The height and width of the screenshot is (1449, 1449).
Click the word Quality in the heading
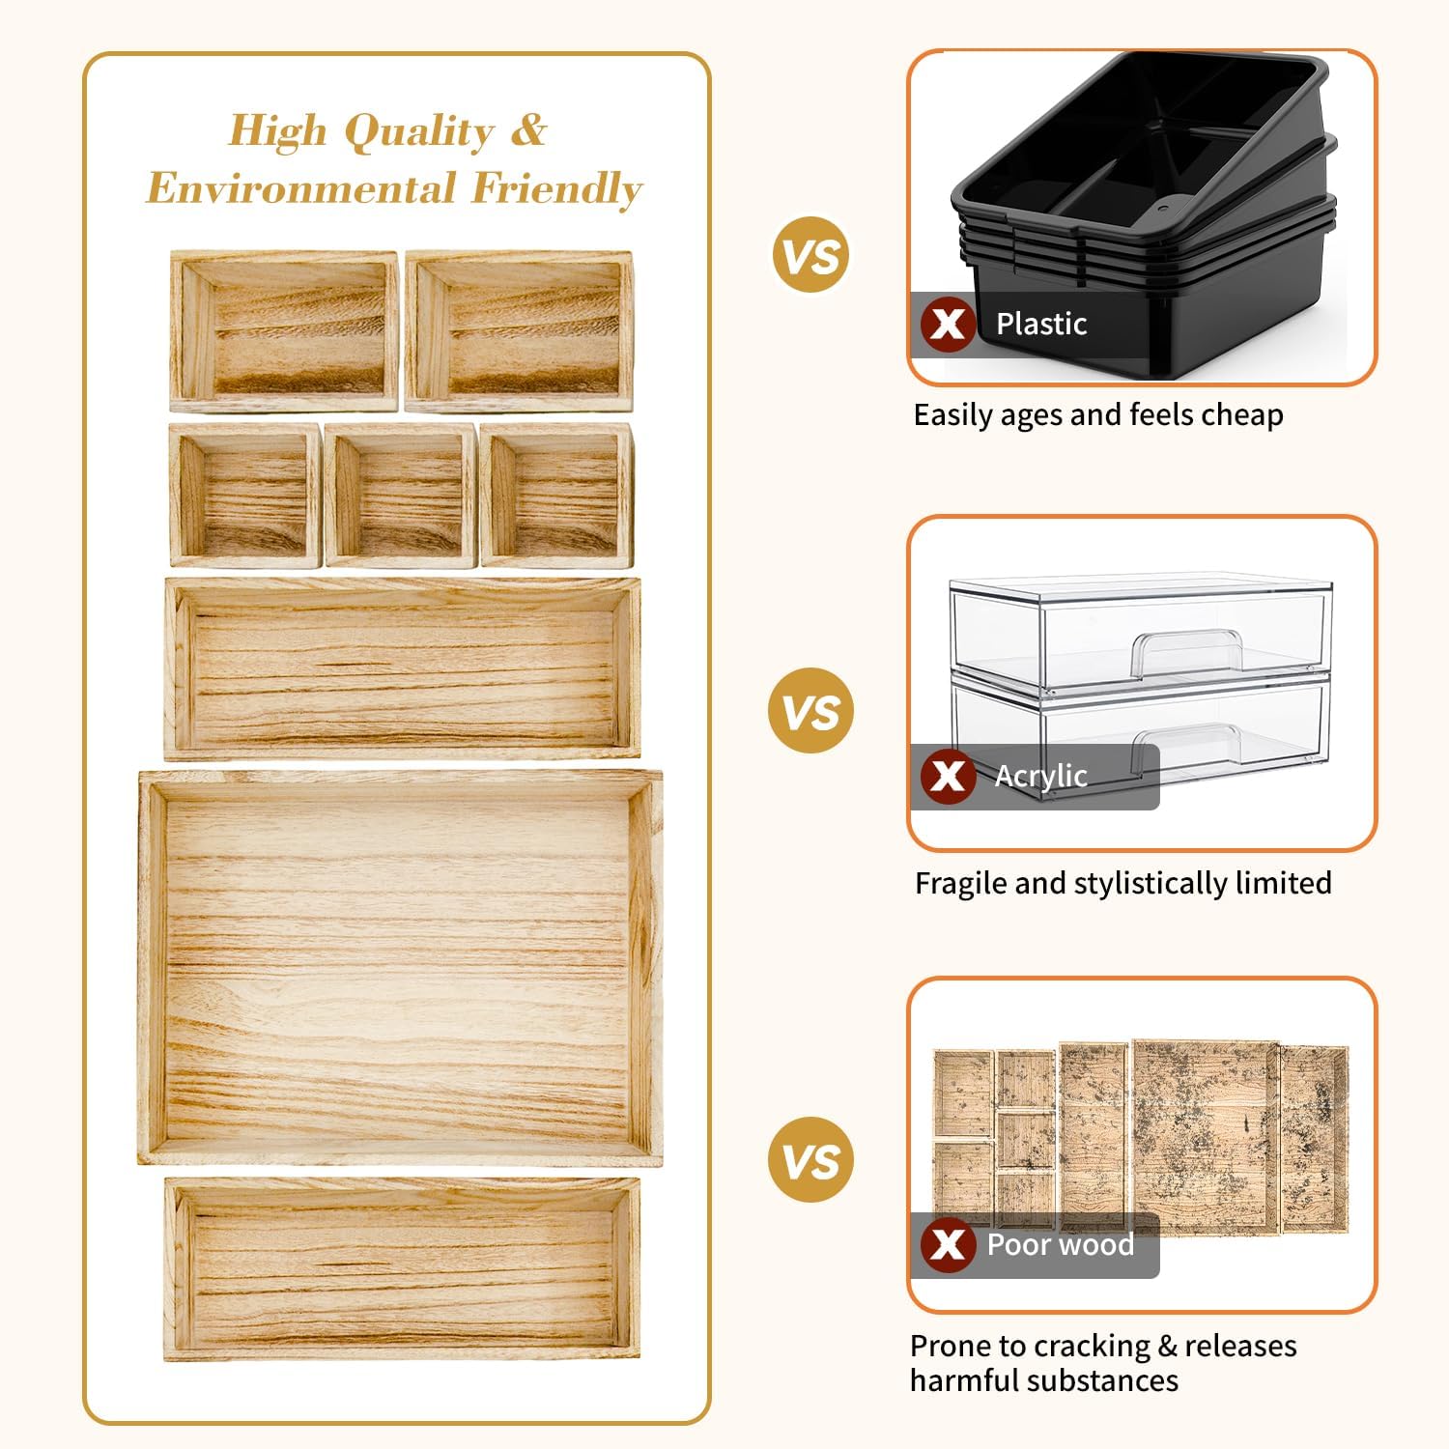pos(419,131)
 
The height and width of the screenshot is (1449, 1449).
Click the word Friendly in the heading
pos(556,188)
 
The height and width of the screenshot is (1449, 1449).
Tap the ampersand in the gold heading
pos(528,128)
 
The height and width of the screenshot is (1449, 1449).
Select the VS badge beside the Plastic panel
pos(811,255)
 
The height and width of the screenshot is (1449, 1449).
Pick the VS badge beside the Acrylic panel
pos(811,711)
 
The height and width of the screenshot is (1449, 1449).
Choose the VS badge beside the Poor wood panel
pos(811,1160)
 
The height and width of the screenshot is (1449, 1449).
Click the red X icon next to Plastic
pos(948,324)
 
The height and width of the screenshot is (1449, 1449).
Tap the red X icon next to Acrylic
pos(948,775)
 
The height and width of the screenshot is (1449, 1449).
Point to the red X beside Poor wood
pos(948,1244)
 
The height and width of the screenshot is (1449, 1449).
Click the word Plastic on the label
pos(1041,324)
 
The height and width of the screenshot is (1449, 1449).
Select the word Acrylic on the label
pos(1041,776)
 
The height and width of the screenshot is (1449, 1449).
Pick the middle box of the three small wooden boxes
pos(401,495)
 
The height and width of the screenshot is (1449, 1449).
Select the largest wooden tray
pos(400,968)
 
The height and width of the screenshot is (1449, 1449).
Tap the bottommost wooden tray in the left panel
pos(402,1268)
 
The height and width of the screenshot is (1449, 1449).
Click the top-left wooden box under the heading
pos(284,331)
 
